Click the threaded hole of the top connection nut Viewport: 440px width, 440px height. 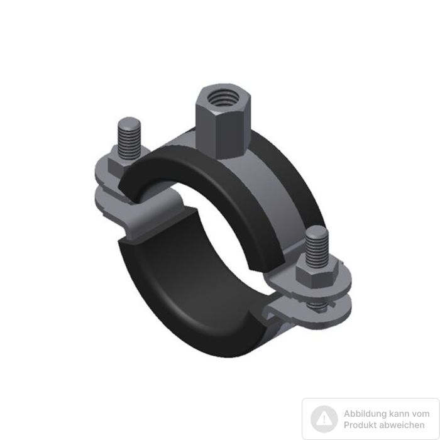tap(223, 98)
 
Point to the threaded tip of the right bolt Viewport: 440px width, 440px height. tap(317, 246)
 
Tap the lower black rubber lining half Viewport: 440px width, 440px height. tap(191, 286)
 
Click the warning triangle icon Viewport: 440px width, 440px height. tap(324, 419)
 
